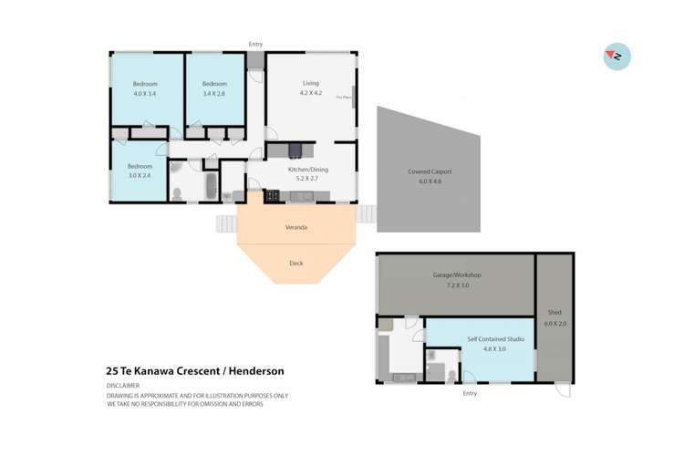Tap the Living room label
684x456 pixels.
click(311, 83)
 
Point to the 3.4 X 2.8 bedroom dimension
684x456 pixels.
click(214, 93)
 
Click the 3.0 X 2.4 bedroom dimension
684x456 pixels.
click(140, 176)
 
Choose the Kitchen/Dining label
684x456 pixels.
click(307, 170)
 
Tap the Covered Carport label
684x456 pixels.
click(429, 171)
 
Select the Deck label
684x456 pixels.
click(296, 263)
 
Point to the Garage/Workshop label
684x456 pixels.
click(456, 275)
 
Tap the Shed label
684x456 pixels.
click(554, 312)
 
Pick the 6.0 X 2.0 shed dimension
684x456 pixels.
click(554, 323)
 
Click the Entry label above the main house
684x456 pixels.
click(256, 43)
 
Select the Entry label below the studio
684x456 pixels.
click(470, 393)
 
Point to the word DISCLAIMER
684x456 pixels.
click(126, 386)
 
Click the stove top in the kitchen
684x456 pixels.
click(271, 194)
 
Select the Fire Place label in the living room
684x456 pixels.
click(344, 96)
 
